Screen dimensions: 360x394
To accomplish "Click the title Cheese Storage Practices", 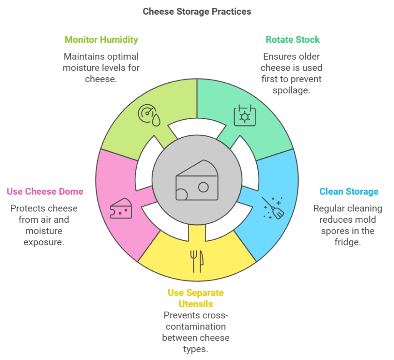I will pos(197,12).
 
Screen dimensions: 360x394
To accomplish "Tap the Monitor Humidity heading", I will pos(101,40).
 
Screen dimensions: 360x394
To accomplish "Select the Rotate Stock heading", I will pos(292,40).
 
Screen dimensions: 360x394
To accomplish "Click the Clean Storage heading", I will pos(349,192).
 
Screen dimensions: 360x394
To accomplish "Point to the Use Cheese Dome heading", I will pos(45,192).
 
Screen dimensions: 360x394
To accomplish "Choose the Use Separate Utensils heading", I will pos(195,298).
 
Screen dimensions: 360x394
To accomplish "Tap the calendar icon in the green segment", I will pos(245,115).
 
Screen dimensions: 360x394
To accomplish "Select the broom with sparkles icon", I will pos(273,208).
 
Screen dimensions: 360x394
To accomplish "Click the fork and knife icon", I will pos(197,261).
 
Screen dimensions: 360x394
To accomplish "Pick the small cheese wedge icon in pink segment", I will pos(121,209).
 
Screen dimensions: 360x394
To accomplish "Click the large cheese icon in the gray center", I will pos(197,180).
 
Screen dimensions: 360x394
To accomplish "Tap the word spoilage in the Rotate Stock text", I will pos(291,90).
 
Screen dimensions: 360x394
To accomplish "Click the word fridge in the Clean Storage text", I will pos(347,242).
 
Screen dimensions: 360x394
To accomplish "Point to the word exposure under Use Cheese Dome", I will pos(44,242).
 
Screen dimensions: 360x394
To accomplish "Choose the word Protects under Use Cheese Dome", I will pos(27,208).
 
